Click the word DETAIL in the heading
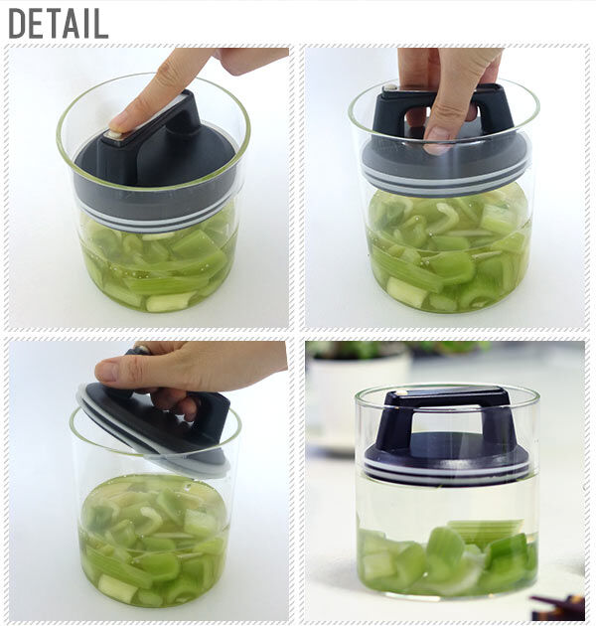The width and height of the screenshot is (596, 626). [59, 24]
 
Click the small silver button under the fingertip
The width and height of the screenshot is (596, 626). [114, 135]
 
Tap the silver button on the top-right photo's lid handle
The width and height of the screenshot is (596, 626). [389, 87]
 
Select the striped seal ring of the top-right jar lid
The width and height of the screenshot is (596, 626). [446, 181]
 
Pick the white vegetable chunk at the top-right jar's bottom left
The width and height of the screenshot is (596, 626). [404, 292]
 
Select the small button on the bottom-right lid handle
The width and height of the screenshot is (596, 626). [402, 392]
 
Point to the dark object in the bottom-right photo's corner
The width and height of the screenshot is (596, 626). [558, 606]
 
